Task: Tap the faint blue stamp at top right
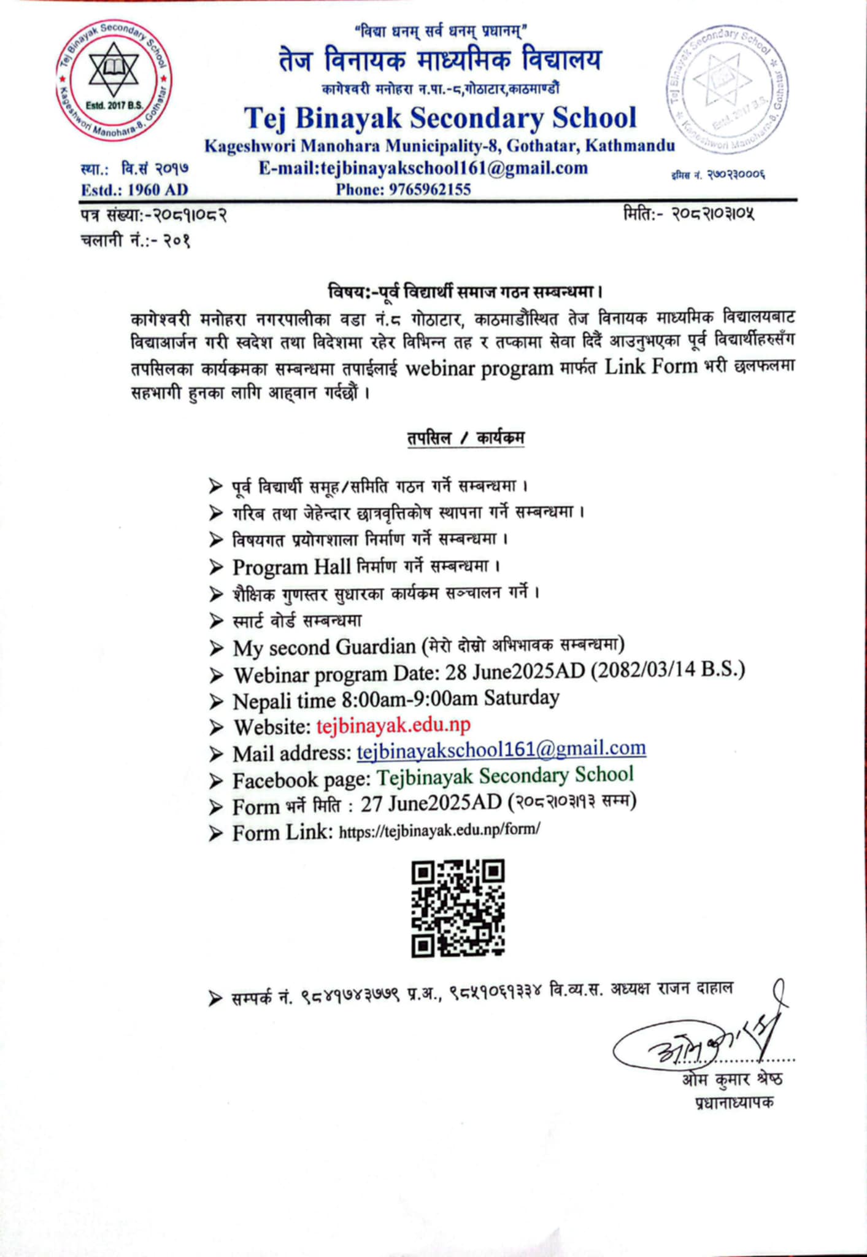[727, 87]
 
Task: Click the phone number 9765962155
[430, 190]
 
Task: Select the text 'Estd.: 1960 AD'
[134, 190]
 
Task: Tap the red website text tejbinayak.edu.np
[393, 725]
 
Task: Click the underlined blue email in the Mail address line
[501, 749]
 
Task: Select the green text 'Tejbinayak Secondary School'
[504, 776]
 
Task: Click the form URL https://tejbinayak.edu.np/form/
[439, 830]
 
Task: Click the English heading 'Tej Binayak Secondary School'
[440, 118]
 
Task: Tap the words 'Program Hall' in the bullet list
[291, 567]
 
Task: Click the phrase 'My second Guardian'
[324, 647]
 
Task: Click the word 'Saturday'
[521, 698]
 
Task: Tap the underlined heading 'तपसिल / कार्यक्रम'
[465, 438]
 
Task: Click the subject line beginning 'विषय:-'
[464, 290]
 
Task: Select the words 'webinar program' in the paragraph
[479, 368]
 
